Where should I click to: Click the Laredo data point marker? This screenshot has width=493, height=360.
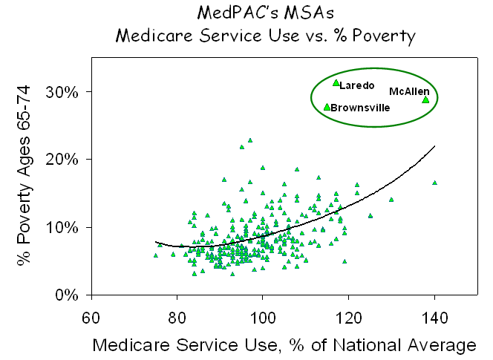click(336, 83)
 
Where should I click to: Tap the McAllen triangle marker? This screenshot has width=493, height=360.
click(425, 99)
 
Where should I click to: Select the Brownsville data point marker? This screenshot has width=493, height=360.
click(327, 107)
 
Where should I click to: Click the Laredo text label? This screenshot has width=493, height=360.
click(357, 86)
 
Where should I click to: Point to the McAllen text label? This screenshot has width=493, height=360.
click(409, 91)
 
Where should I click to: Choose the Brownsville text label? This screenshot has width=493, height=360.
click(360, 108)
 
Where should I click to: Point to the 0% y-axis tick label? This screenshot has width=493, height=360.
click(69, 295)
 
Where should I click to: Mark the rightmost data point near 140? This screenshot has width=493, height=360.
click(434, 183)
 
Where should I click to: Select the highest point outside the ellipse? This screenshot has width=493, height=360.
click(250, 140)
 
